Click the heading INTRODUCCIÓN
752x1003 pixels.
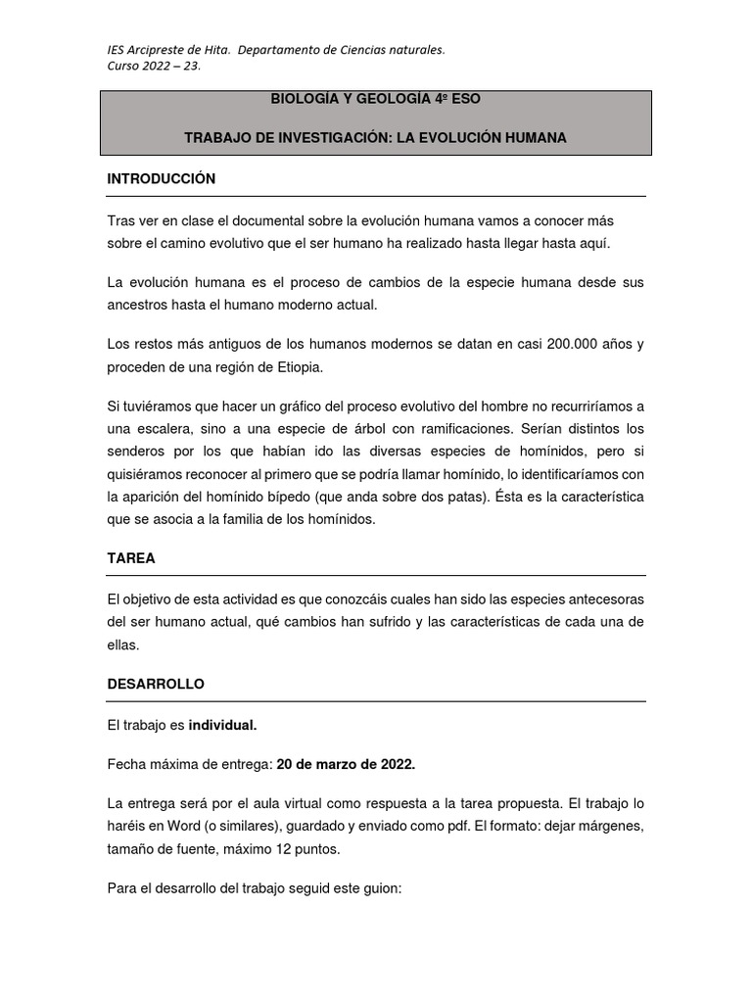[161, 179]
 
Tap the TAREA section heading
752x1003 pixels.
[131, 558]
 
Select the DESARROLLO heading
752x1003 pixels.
[156, 684]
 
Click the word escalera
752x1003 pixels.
[163, 429]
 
